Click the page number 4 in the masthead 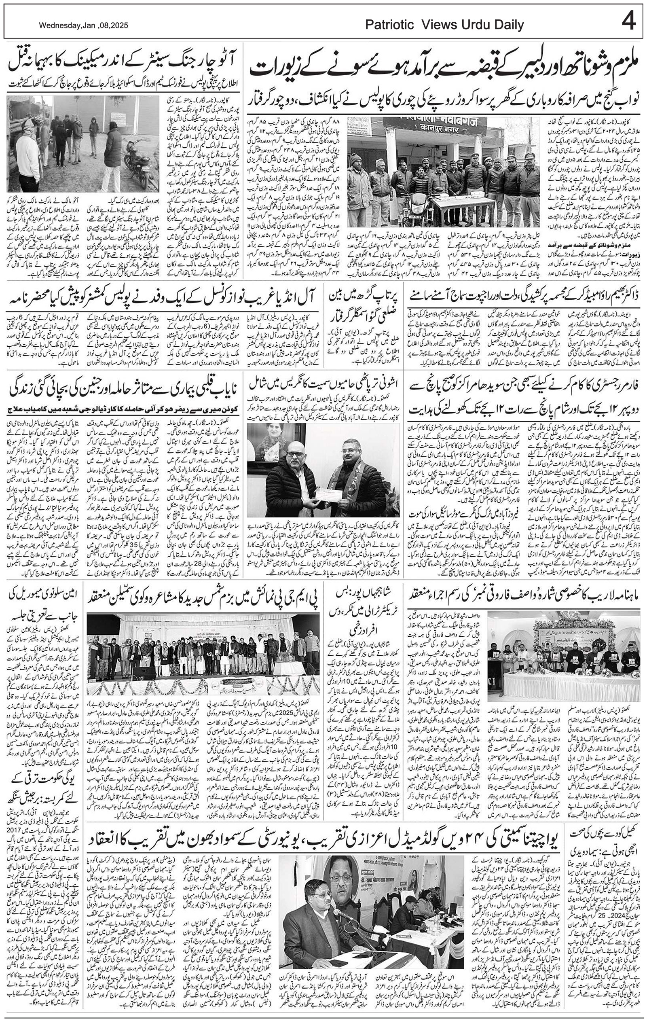coord(628,21)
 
